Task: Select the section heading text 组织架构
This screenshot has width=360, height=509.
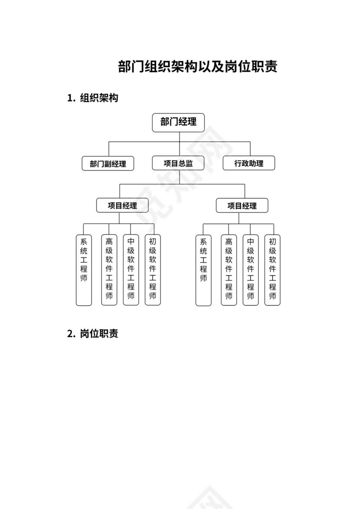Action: [x=99, y=98]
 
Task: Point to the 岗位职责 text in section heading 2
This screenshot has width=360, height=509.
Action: [x=99, y=334]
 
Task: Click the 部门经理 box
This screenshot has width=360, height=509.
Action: [x=178, y=122]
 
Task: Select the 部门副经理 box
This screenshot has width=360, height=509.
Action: [x=108, y=163]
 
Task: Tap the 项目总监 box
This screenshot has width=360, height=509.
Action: [x=178, y=163]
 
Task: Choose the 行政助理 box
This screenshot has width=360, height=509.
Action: [x=249, y=163]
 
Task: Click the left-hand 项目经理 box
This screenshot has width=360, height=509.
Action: [x=122, y=206]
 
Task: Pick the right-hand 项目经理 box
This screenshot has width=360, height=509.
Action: [x=242, y=206]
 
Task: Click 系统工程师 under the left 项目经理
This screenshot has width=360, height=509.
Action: [x=84, y=270]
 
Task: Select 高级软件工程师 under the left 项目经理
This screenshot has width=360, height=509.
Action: [x=109, y=270]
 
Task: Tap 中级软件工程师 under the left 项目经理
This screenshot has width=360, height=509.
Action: [x=131, y=270]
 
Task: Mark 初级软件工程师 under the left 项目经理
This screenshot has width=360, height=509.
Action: [x=153, y=270]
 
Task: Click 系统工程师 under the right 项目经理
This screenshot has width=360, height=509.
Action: [x=203, y=270]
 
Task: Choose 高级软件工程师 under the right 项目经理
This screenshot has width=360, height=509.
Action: [x=229, y=270]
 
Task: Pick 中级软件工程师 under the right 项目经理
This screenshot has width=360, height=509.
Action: [x=251, y=270]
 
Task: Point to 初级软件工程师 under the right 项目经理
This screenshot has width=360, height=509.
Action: [x=272, y=270]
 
